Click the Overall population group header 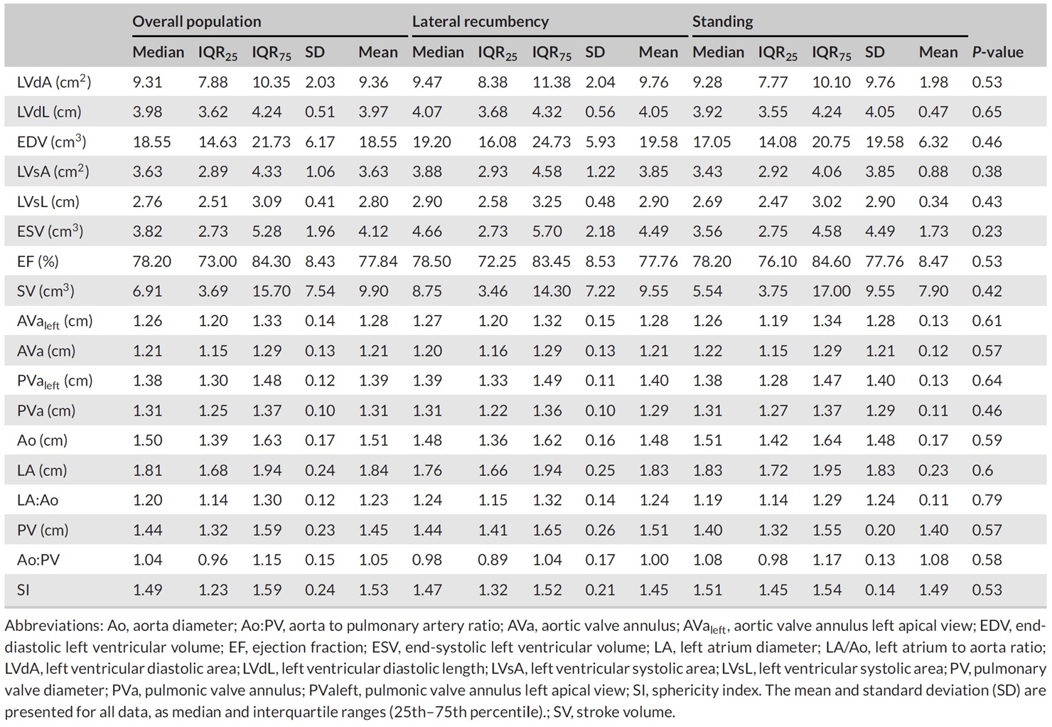pos(196,21)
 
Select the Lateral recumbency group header pos(480,21)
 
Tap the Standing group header pos(722,21)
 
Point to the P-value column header pos(997,52)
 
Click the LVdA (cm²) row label pos(54,82)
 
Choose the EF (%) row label pos(38,261)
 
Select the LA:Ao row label pos(38,500)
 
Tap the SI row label pos(23,590)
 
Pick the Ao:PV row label pos(38,560)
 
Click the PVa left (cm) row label pos(55,381)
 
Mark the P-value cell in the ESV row pos(987,231)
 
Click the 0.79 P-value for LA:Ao pos(987,500)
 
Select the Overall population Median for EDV pos(151,142)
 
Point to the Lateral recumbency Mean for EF pos(658,261)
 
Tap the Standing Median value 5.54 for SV pos(707,291)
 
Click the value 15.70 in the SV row pos(271,291)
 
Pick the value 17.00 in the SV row pos(831,291)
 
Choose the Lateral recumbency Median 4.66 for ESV pos(427,231)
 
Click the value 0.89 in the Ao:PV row pos(493,560)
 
